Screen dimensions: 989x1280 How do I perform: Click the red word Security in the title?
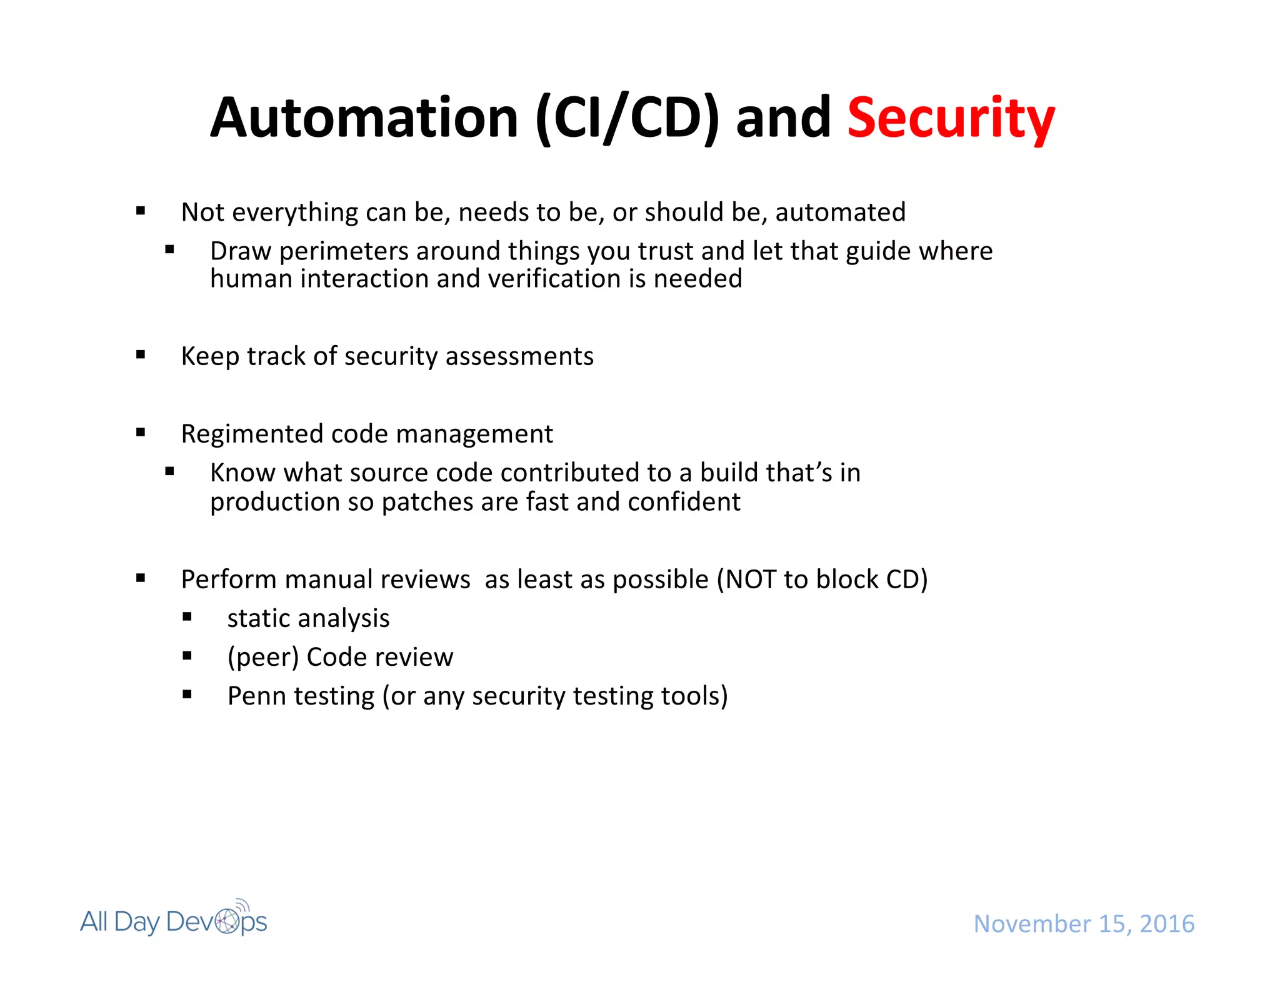coord(951,119)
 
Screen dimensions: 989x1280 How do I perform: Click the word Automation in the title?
coord(364,119)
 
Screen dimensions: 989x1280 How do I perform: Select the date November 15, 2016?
coord(1084,923)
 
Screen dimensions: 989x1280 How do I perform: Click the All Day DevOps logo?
coord(173,921)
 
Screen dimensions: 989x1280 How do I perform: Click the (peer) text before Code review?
coord(263,657)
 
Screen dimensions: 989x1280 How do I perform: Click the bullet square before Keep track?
coord(141,355)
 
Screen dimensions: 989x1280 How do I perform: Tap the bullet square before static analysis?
coord(187,617)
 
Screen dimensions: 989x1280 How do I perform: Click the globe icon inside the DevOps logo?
coord(227,921)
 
